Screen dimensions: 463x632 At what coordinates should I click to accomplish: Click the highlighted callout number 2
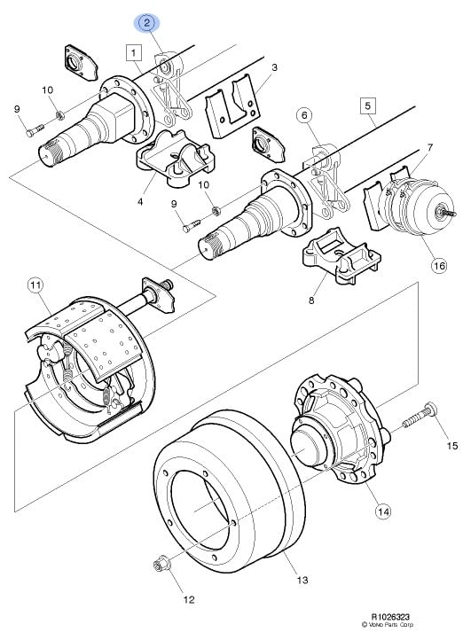(x=147, y=22)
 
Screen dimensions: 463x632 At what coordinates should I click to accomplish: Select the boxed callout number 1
(x=134, y=52)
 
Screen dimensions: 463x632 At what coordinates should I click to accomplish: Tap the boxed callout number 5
(x=367, y=106)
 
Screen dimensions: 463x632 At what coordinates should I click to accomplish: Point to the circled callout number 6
(x=304, y=116)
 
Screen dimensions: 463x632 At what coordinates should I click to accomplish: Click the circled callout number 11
(x=35, y=285)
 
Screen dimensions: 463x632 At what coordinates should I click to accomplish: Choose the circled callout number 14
(x=383, y=511)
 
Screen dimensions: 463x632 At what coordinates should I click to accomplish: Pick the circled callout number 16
(x=439, y=266)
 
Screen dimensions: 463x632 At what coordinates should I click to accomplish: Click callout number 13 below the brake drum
(x=302, y=580)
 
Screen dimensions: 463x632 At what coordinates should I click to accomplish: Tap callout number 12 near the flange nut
(x=189, y=599)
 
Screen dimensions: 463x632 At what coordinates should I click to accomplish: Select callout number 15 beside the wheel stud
(x=452, y=445)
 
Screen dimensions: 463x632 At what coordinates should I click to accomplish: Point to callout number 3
(x=274, y=67)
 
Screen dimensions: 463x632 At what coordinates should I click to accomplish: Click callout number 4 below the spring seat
(x=140, y=201)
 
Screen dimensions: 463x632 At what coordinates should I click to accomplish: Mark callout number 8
(x=311, y=300)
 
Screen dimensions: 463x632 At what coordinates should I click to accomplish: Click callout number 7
(x=430, y=147)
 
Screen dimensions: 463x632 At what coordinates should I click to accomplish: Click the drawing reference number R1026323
(x=390, y=617)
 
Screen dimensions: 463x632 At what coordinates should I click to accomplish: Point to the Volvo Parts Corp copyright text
(x=388, y=625)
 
